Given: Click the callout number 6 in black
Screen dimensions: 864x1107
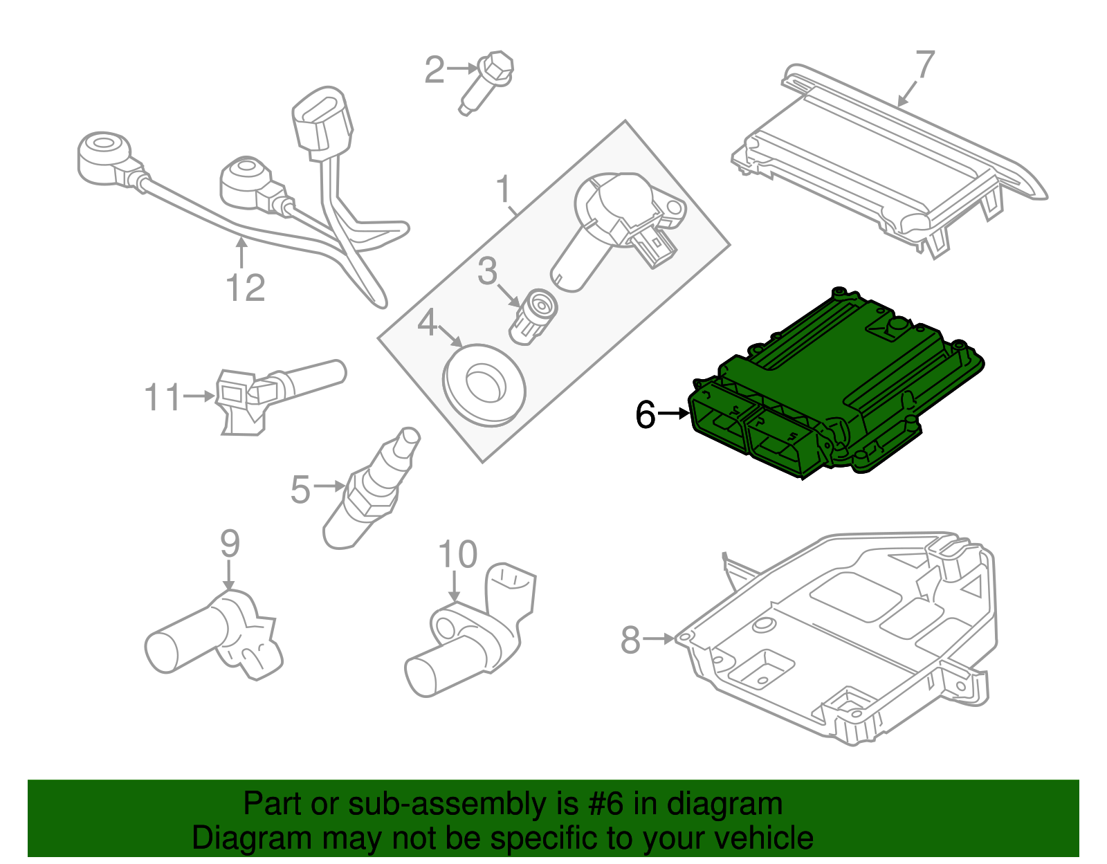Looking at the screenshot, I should (x=645, y=415).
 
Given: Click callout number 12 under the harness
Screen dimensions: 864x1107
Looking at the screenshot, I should (x=245, y=288).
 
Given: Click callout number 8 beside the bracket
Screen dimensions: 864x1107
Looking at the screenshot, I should (x=630, y=639).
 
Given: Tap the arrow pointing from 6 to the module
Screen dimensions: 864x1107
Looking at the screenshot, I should (x=673, y=414).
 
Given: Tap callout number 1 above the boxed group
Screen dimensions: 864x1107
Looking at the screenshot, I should (x=504, y=188).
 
